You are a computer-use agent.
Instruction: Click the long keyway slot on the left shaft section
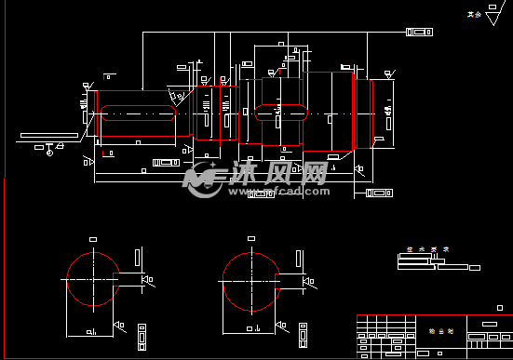pyautogui.click(x=138, y=116)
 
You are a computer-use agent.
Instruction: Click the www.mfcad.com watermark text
pyautogui.click(x=289, y=193)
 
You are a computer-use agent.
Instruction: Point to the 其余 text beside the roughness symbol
pyautogui.click(x=475, y=15)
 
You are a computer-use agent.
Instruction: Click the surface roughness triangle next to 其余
pyautogui.click(x=494, y=14)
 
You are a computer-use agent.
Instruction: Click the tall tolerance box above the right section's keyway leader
pyautogui.click(x=297, y=257)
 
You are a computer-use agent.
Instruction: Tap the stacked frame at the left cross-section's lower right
pyautogui.click(x=142, y=332)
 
